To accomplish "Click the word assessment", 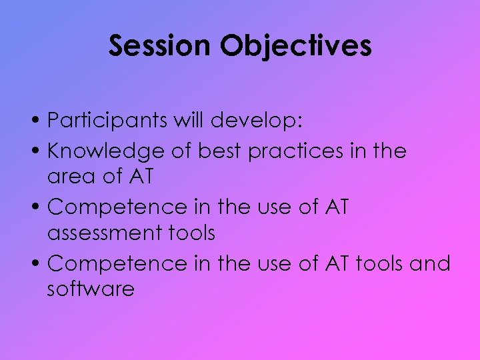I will tap(106, 233).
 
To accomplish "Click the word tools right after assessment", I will tap(192, 233).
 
